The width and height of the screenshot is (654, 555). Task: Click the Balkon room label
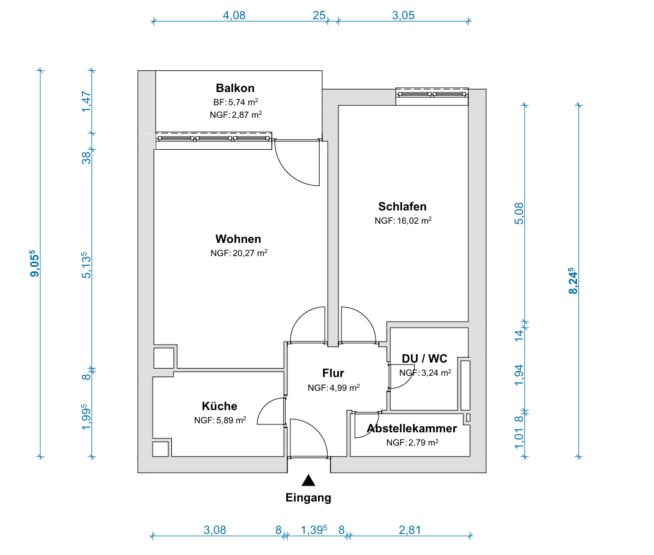click(x=235, y=88)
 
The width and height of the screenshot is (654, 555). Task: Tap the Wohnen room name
click(x=238, y=239)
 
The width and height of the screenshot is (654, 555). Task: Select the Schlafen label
click(x=403, y=207)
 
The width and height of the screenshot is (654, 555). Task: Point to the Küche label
click(x=219, y=406)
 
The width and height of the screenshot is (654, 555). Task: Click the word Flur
click(x=333, y=373)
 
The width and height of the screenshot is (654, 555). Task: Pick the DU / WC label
click(x=424, y=358)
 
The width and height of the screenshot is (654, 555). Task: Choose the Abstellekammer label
click(x=412, y=429)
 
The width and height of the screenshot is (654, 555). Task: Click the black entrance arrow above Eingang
click(x=308, y=480)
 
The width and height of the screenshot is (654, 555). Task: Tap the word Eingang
click(x=308, y=497)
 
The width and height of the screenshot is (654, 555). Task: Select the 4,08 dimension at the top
click(x=234, y=16)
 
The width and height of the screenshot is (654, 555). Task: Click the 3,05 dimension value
click(x=403, y=16)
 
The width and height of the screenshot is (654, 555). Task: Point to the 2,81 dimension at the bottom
click(x=409, y=530)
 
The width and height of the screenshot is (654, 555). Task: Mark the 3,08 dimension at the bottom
click(x=215, y=530)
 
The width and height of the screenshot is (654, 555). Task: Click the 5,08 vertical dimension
click(x=519, y=213)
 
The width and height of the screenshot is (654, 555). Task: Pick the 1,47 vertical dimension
click(x=87, y=102)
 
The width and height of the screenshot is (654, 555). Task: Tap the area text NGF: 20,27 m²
click(x=239, y=253)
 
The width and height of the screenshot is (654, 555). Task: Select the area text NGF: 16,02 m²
click(x=403, y=220)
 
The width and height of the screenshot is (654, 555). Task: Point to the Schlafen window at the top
click(x=432, y=96)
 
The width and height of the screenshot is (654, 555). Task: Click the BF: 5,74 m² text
click(x=236, y=102)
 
